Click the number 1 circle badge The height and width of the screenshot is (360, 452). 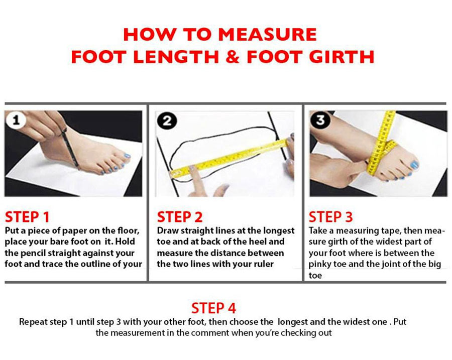(x=16, y=121)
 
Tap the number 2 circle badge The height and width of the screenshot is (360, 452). (x=167, y=121)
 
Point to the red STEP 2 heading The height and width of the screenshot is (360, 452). (x=180, y=217)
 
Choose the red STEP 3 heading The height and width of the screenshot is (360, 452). (x=331, y=217)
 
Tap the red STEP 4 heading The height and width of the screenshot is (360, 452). (x=213, y=308)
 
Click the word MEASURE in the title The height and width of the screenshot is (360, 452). (x=268, y=35)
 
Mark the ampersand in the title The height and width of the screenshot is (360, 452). (x=231, y=56)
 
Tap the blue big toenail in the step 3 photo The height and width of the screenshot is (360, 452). (x=414, y=165)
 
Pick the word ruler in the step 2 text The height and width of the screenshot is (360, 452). (x=261, y=264)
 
